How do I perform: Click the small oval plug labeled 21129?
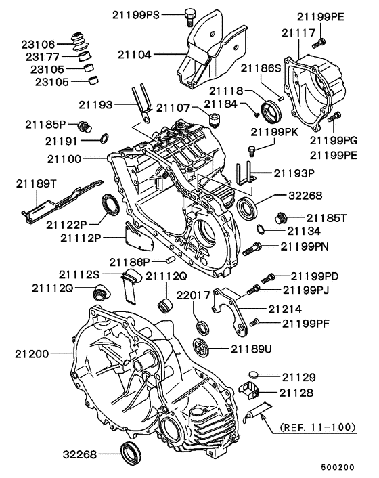(253, 374)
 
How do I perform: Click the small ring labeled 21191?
(104, 139)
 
